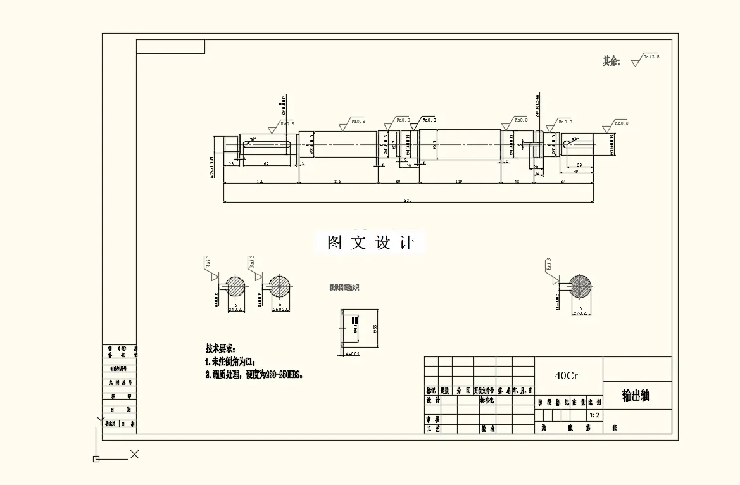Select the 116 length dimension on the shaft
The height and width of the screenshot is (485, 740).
coord(337,182)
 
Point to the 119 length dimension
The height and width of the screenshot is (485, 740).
coord(459,182)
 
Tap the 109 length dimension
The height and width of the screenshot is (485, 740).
coord(260,182)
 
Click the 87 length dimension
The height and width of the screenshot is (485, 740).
coord(563,182)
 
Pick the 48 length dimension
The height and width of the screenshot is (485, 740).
coord(517,182)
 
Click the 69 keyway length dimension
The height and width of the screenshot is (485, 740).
coord(266,164)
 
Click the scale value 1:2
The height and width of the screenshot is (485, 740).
coord(594,415)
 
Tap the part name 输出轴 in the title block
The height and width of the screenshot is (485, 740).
coord(636,396)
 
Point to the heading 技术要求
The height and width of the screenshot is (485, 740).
coord(220,349)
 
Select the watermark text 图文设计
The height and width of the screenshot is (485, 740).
coord(371,243)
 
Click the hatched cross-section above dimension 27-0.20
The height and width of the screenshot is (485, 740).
coord(580,286)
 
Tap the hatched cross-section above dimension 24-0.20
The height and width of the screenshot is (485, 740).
coord(236,286)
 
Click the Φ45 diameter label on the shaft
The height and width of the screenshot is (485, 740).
coord(434,145)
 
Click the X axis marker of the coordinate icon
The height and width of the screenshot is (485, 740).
coord(134,454)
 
